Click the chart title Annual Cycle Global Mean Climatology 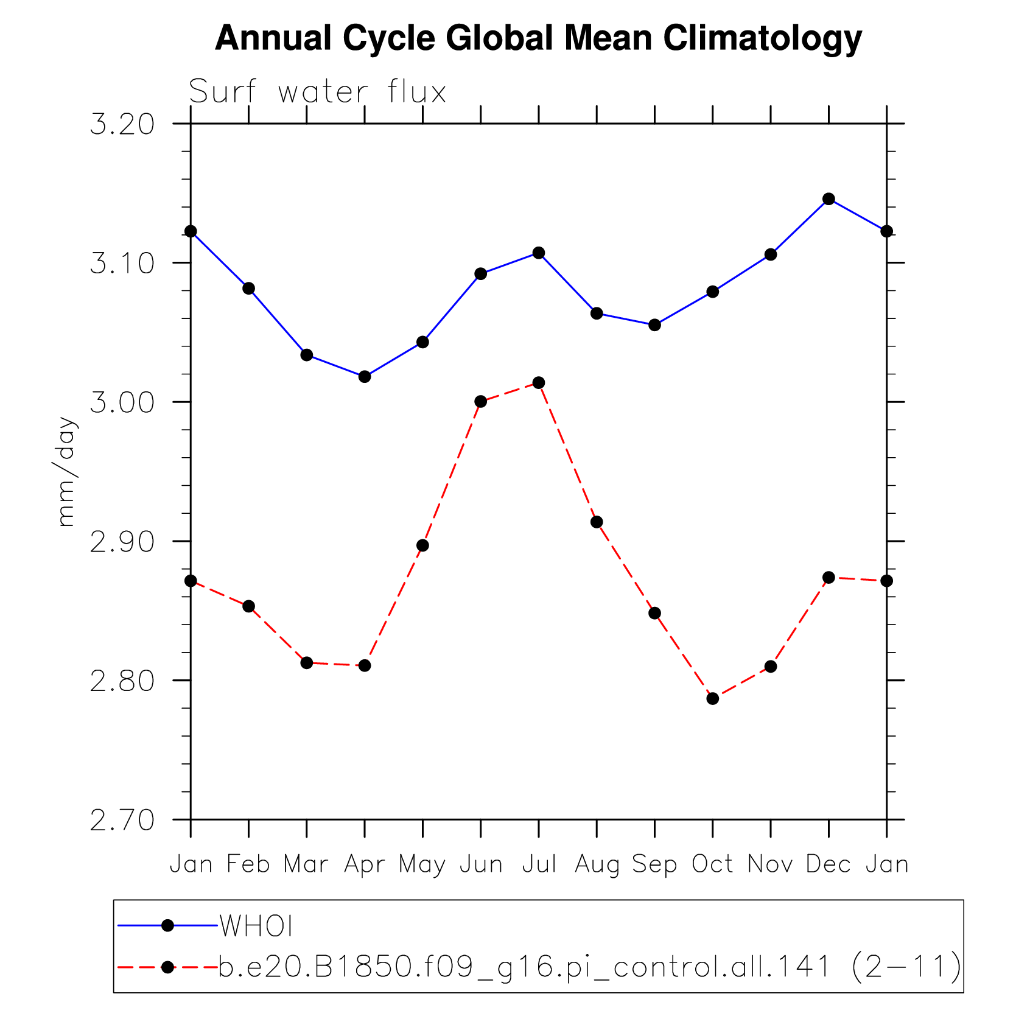(538, 38)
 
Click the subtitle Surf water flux (317, 93)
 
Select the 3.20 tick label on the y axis (122, 124)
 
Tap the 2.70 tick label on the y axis (122, 820)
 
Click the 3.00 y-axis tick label (122, 402)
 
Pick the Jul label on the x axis (539, 864)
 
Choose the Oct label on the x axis (712, 864)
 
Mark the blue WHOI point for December (829, 199)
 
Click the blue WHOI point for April (365, 377)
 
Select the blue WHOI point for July (539, 253)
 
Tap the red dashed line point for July (539, 382)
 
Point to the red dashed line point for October (713, 698)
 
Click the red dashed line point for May (422, 545)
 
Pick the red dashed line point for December (829, 577)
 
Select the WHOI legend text (256, 926)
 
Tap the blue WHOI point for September (654, 325)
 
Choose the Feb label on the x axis (248, 864)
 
